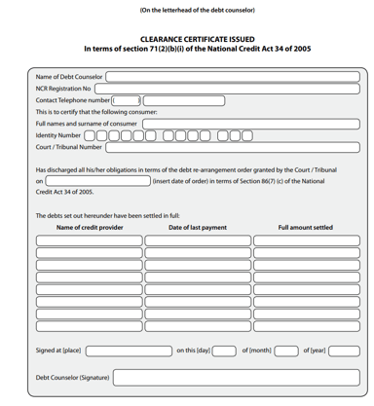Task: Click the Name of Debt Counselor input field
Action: [231, 75]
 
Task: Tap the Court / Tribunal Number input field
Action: [231, 147]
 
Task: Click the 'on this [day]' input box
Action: [223, 351]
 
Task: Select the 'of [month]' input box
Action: [285, 351]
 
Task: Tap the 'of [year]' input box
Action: [343, 351]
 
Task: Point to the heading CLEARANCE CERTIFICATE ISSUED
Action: [197, 39]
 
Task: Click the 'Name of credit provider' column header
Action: [90, 227]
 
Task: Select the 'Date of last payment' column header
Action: [197, 227]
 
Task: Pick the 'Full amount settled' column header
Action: [305, 227]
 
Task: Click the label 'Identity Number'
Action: [58, 135]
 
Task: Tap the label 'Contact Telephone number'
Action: [73, 99]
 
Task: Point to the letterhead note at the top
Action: [197, 10]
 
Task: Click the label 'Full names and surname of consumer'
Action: [87, 124]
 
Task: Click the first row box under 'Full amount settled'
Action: [305, 240]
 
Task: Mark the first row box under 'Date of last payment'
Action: [197, 240]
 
